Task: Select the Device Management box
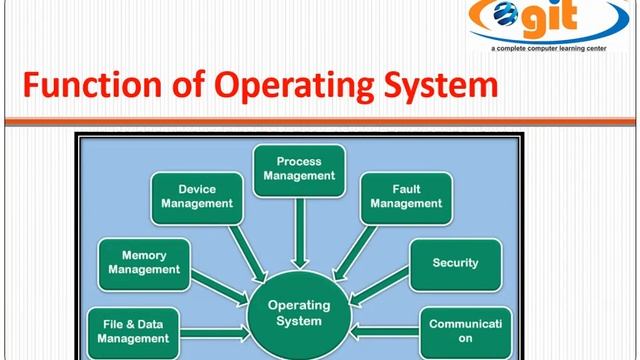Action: point(197,196)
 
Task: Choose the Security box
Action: point(455,264)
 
